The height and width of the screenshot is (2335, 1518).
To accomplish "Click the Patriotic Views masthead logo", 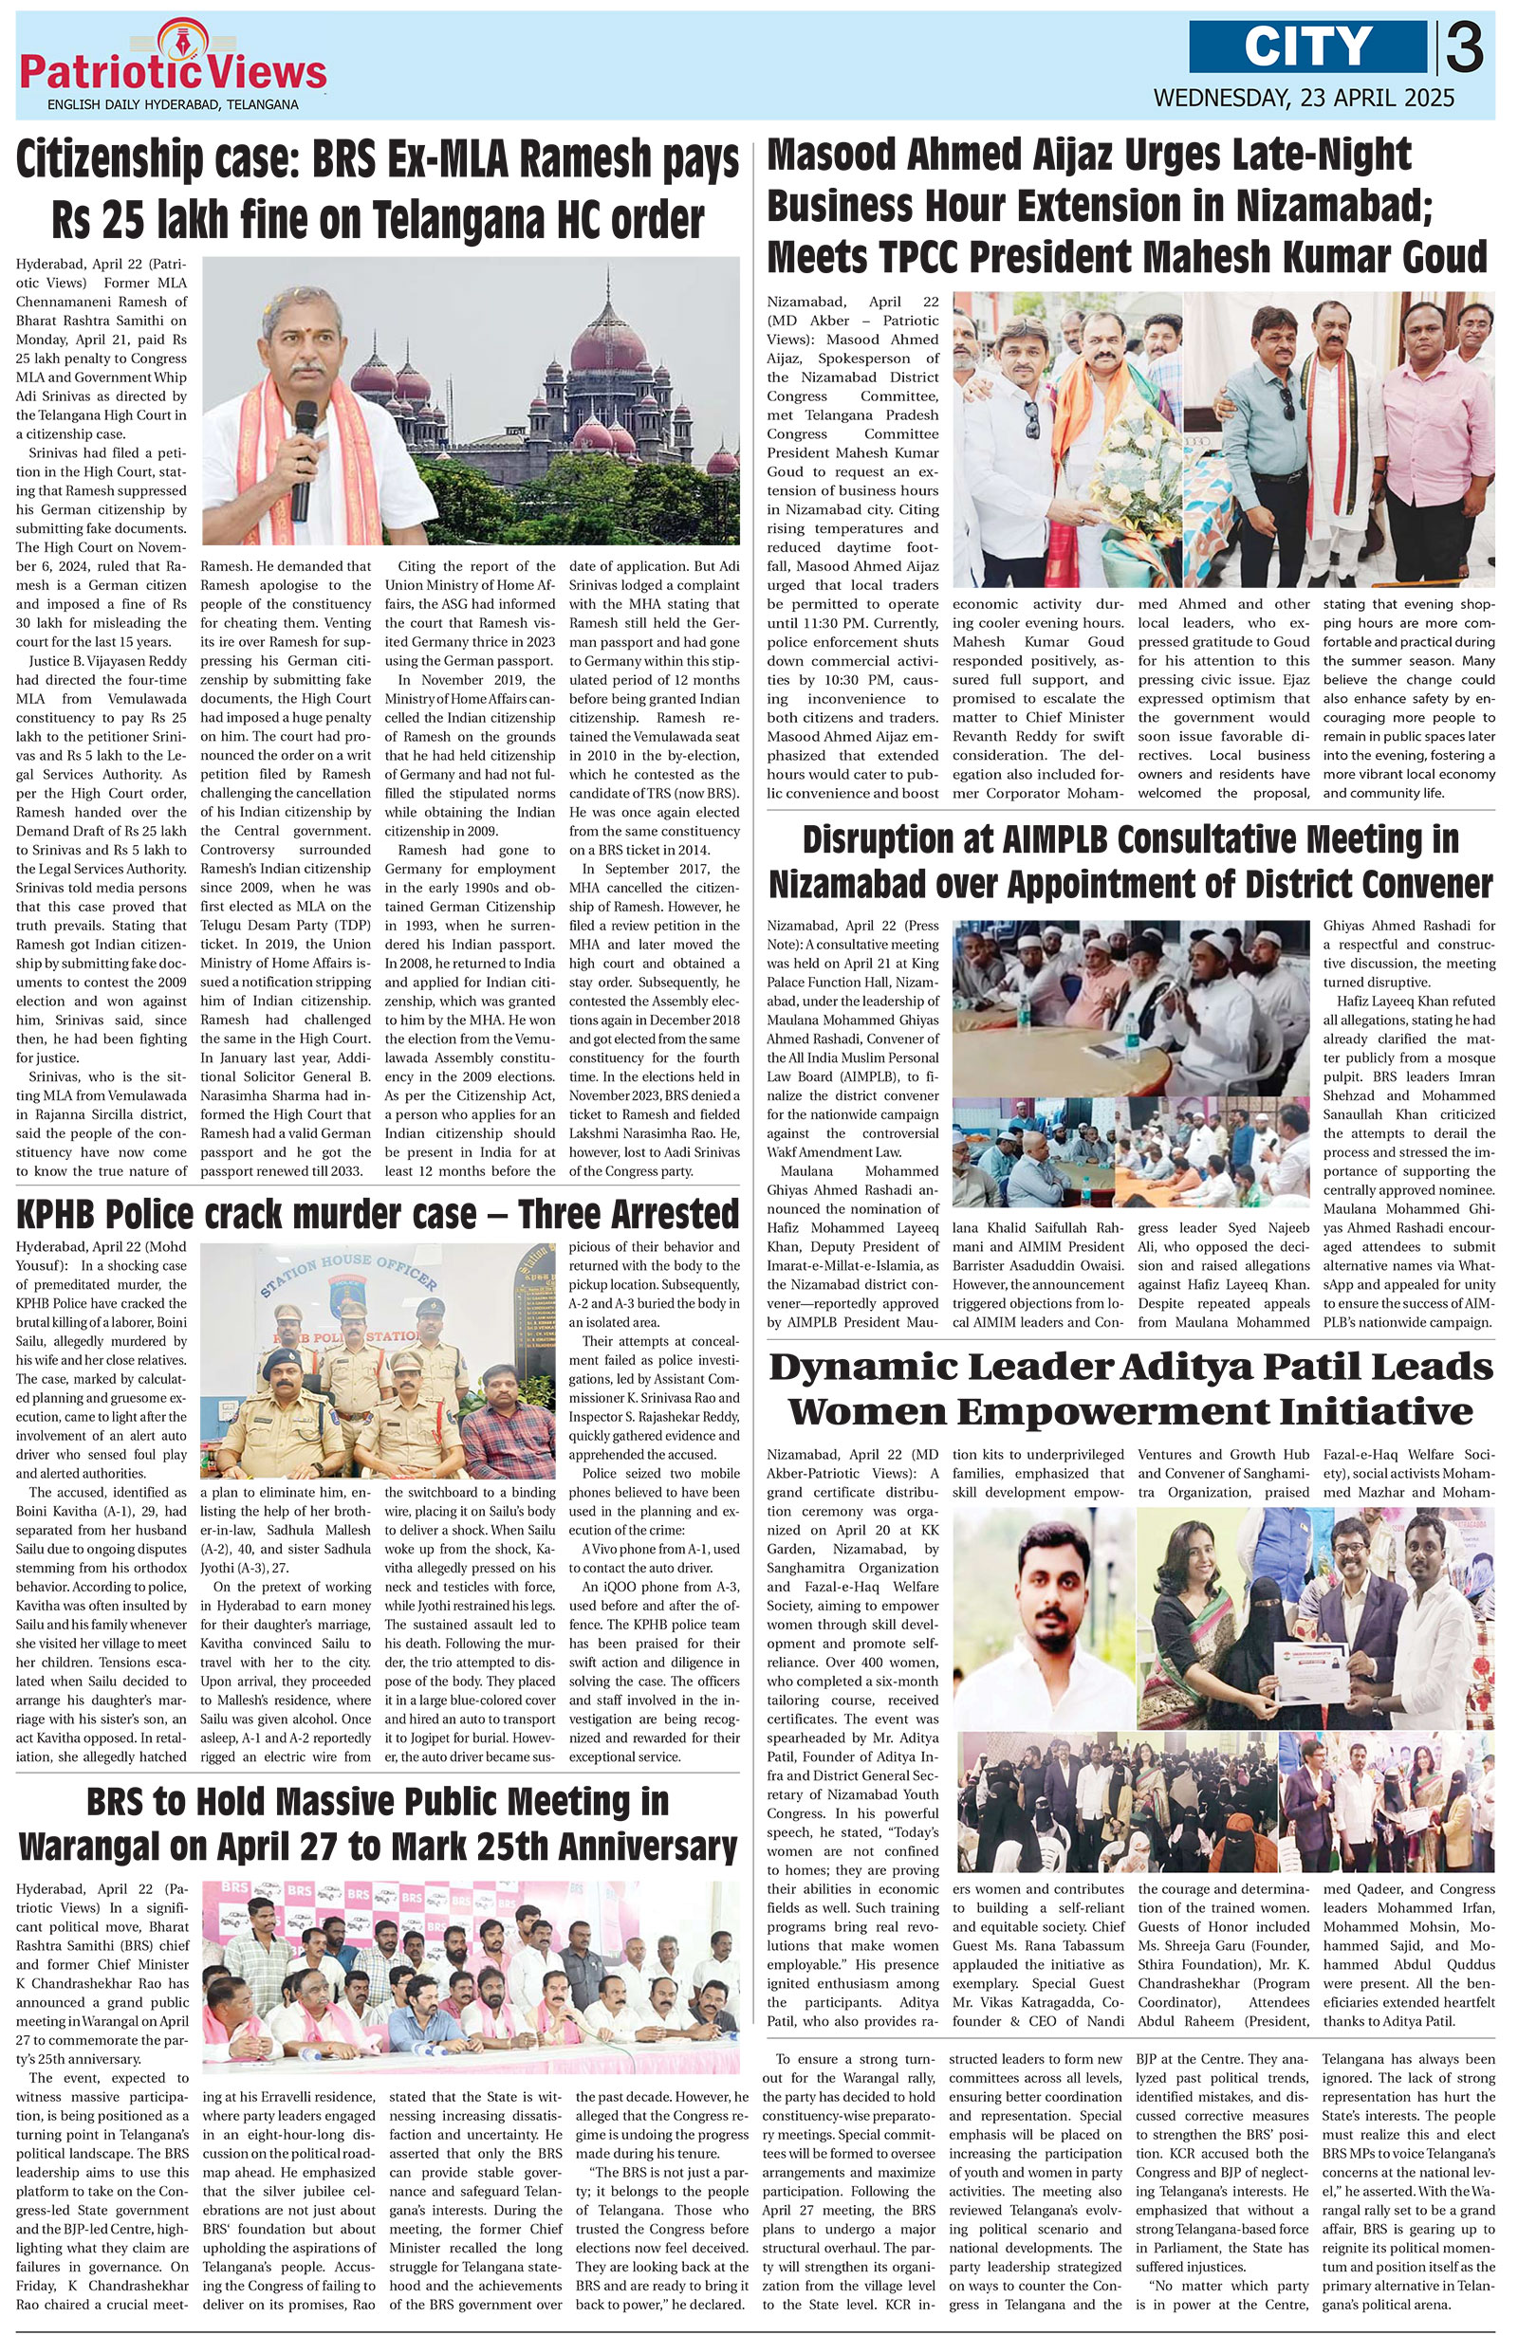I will coord(173,68).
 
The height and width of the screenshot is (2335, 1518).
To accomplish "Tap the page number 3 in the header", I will coord(1463,48).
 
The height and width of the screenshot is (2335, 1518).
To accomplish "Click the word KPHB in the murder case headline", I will coord(65,1215).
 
